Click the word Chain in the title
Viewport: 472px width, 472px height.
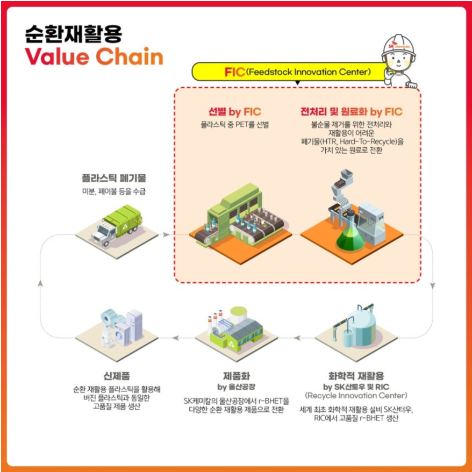(130, 56)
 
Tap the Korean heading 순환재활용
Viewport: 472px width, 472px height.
(74, 34)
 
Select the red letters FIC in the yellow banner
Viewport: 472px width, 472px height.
(234, 72)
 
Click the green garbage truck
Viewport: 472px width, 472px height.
(117, 225)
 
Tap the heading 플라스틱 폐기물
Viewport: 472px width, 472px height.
(114, 178)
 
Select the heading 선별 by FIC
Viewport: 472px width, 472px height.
(235, 112)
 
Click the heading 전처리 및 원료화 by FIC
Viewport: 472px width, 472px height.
(351, 112)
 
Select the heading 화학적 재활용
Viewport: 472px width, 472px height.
(356, 376)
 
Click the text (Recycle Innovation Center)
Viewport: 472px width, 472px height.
(356, 396)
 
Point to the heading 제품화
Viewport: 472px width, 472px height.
(237, 376)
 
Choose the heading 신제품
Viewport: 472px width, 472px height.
(117, 376)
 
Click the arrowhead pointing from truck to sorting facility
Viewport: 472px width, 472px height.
(166, 234)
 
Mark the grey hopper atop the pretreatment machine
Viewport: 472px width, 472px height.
(347, 174)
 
